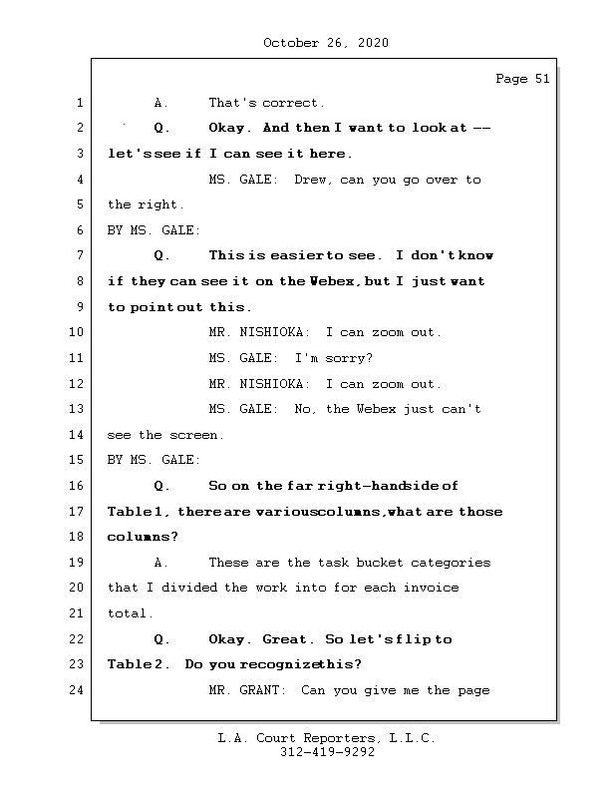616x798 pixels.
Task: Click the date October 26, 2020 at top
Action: point(326,43)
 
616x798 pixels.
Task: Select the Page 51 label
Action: point(522,80)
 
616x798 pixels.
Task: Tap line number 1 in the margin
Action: point(80,103)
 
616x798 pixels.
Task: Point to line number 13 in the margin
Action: point(77,409)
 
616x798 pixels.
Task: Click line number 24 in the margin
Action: point(77,689)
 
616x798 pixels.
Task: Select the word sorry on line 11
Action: point(344,358)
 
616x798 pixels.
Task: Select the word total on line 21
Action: point(128,613)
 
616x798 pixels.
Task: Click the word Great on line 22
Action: point(288,639)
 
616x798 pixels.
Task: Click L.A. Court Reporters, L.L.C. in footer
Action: point(327,739)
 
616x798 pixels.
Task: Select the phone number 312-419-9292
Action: point(327,753)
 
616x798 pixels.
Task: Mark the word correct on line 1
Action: point(294,103)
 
